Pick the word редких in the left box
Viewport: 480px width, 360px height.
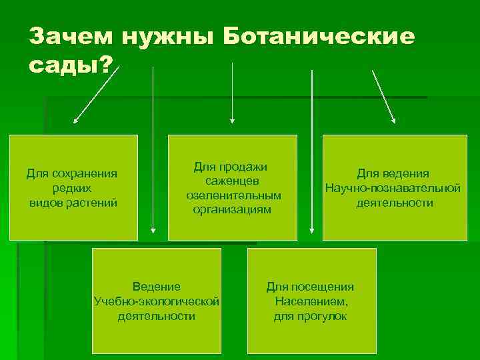tap(72, 189)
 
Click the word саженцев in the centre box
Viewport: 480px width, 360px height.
tap(232, 181)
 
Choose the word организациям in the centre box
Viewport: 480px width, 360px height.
tap(233, 209)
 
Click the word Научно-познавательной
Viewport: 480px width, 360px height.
tap(393, 188)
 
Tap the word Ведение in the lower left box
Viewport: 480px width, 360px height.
tap(156, 287)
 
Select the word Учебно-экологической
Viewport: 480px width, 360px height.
tap(157, 301)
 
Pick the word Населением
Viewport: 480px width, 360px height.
tap(311, 301)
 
